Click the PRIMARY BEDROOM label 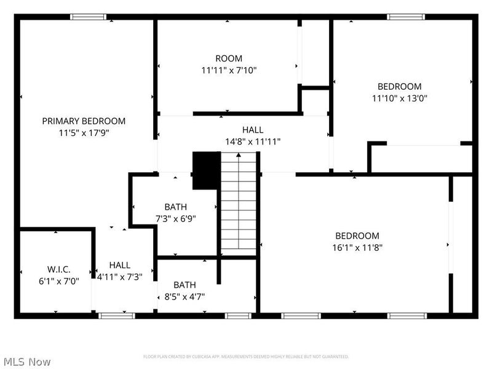pos(84,121)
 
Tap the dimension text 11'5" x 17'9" pos(84,132)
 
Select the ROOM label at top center pos(229,58)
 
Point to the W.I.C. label pos(59,269)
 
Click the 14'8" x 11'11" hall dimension pos(253,141)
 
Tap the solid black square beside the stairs pos(206,171)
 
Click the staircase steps pos(238,206)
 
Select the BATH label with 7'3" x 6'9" pos(175,207)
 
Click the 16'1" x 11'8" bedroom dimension pos(357,247)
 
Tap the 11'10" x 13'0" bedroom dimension pos(399,98)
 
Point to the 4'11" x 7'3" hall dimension pos(120,277)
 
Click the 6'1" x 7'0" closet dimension pos(59,280)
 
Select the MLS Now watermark pos(27,362)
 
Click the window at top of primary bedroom pos(89,17)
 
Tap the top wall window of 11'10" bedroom pos(407,17)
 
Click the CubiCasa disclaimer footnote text pos(246,357)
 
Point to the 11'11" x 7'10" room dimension pos(229,70)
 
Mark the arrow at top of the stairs pos(238,156)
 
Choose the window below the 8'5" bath pos(238,315)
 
